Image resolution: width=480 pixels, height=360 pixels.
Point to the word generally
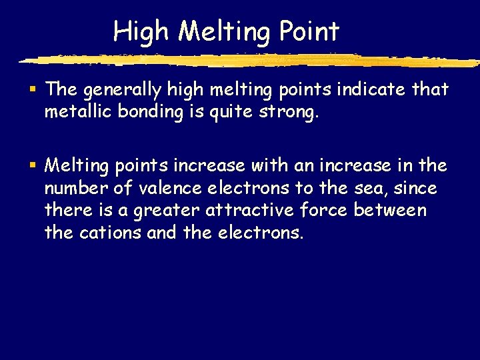pyautogui.click(x=119, y=90)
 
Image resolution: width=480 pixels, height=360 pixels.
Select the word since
pyautogui.click(x=415, y=189)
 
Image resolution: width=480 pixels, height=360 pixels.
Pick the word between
pyautogui.click(x=390, y=211)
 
